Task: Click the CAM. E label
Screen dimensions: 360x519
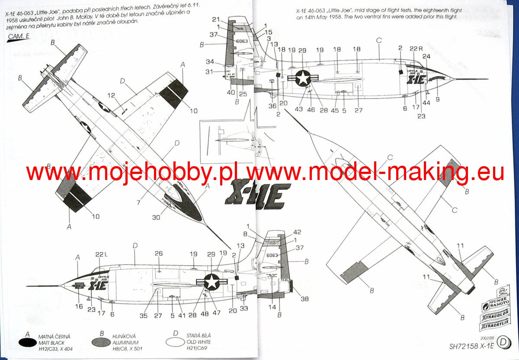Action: pos(19,37)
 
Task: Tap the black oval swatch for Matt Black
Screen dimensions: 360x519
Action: pos(27,342)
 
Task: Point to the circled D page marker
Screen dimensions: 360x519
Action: pos(503,343)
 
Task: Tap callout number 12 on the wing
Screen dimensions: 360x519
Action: pos(111,96)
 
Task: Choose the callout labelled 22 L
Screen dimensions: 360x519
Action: pos(100,255)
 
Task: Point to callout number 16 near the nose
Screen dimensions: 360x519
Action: pos(79,306)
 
